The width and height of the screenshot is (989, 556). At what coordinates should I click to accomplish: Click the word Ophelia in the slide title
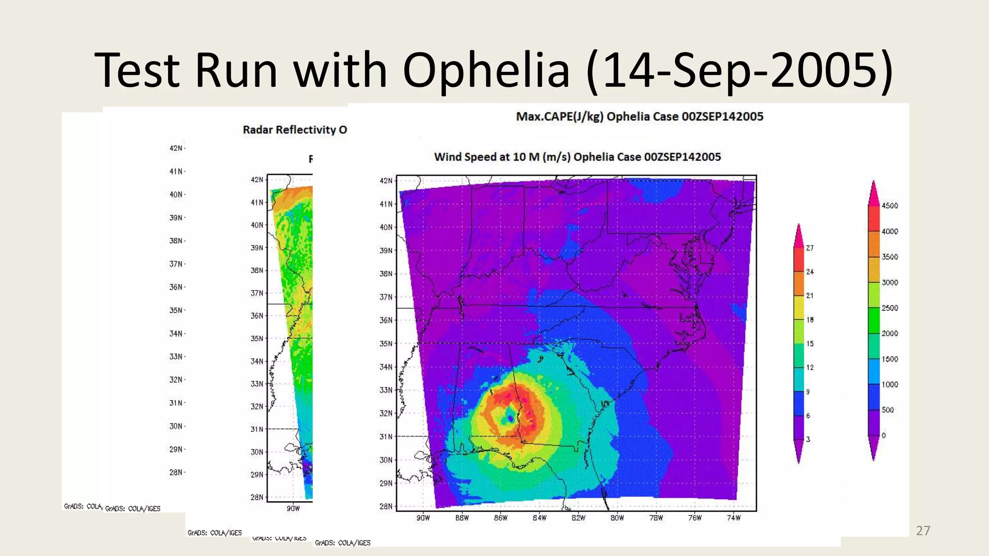[486, 70]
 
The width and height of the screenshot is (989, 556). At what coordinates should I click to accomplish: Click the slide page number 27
[923, 531]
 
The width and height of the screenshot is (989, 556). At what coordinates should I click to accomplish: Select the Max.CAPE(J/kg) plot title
[639, 117]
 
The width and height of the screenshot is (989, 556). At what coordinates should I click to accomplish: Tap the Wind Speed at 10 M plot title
[577, 157]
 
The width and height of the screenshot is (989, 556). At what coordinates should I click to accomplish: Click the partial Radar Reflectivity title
[295, 130]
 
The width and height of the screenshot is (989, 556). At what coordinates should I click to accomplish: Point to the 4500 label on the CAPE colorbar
[890, 206]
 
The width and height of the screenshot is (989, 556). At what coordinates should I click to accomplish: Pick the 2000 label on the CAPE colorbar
[890, 334]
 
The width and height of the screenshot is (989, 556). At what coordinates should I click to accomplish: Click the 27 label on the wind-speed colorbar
[810, 248]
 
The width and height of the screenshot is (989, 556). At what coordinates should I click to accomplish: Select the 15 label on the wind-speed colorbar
[810, 344]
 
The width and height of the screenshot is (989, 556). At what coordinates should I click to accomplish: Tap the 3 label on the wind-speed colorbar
[808, 439]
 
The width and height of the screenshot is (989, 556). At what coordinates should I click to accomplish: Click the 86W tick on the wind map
[501, 518]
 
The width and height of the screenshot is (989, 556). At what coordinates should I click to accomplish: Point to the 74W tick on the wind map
[734, 518]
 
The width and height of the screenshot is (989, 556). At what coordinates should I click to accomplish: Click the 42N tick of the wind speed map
[386, 181]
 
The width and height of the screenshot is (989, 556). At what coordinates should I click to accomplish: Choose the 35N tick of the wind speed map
[386, 344]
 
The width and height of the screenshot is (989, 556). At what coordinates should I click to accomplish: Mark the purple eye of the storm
[510, 418]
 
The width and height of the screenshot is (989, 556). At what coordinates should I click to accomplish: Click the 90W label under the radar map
[293, 508]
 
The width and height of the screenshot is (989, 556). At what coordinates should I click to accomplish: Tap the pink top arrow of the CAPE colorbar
[873, 193]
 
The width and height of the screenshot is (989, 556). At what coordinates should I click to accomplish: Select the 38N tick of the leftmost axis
[176, 241]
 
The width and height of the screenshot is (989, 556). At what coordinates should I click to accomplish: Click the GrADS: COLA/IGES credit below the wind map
[342, 543]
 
